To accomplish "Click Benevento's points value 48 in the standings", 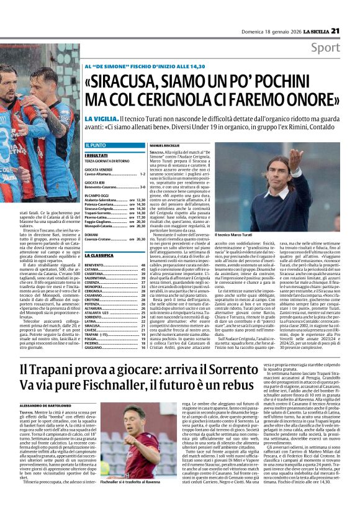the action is pyautogui.click(x=142, y=265).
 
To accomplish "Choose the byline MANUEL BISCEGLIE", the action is pyautogui.click(x=164, y=145).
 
